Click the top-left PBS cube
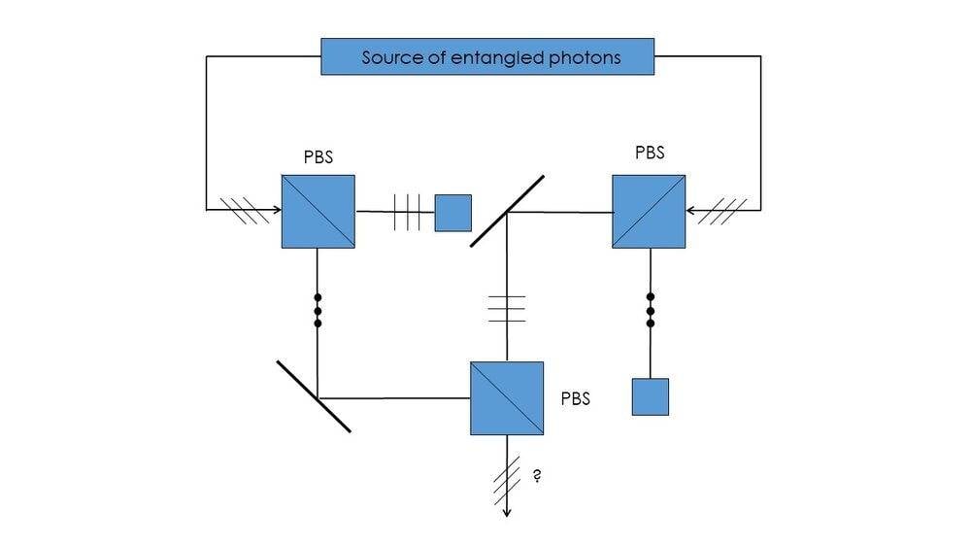(318, 211)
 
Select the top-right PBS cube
(649, 211)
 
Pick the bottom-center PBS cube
(506, 398)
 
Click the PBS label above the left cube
(318, 157)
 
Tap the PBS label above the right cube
(650, 153)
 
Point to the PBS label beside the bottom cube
(575, 398)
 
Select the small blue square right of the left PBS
(452, 213)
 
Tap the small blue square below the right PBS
(650, 396)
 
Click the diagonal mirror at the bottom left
(313, 396)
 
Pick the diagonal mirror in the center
(507, 211)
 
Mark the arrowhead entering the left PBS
(277, 209)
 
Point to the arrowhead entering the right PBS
(690, 209)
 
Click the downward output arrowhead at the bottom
(506, 512)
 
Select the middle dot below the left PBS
(318, 311)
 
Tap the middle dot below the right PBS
(650, 310)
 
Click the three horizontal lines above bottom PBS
(506, 308)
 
